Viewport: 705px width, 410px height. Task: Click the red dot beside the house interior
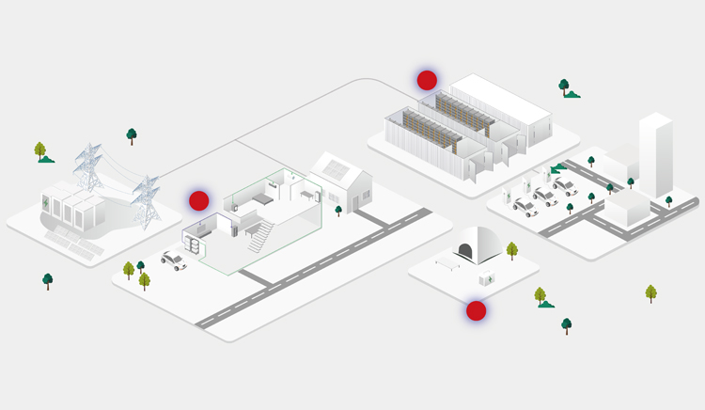tap(198, 200)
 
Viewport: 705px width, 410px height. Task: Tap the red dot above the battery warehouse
tap(427, 80)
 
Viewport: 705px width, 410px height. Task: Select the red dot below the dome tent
tap(477, 310)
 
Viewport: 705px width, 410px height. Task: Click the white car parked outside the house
tap(173, 260)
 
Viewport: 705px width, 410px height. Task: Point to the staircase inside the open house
tap(258, 235)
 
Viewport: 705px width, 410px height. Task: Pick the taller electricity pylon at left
tap(88, 169)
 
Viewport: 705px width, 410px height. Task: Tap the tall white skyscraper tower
tap(655, 155)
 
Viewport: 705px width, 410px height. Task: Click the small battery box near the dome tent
tap(487, 278)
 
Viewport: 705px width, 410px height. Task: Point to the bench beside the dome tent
tap(446, 264)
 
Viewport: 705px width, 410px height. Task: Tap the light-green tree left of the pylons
tap(40, 150)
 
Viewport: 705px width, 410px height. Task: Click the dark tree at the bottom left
tap(48, 280)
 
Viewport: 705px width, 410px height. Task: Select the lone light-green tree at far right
tap(651, 293)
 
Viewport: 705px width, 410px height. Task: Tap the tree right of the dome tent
tap(512, 250)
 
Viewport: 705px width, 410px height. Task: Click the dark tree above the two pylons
tap(132, 135)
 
